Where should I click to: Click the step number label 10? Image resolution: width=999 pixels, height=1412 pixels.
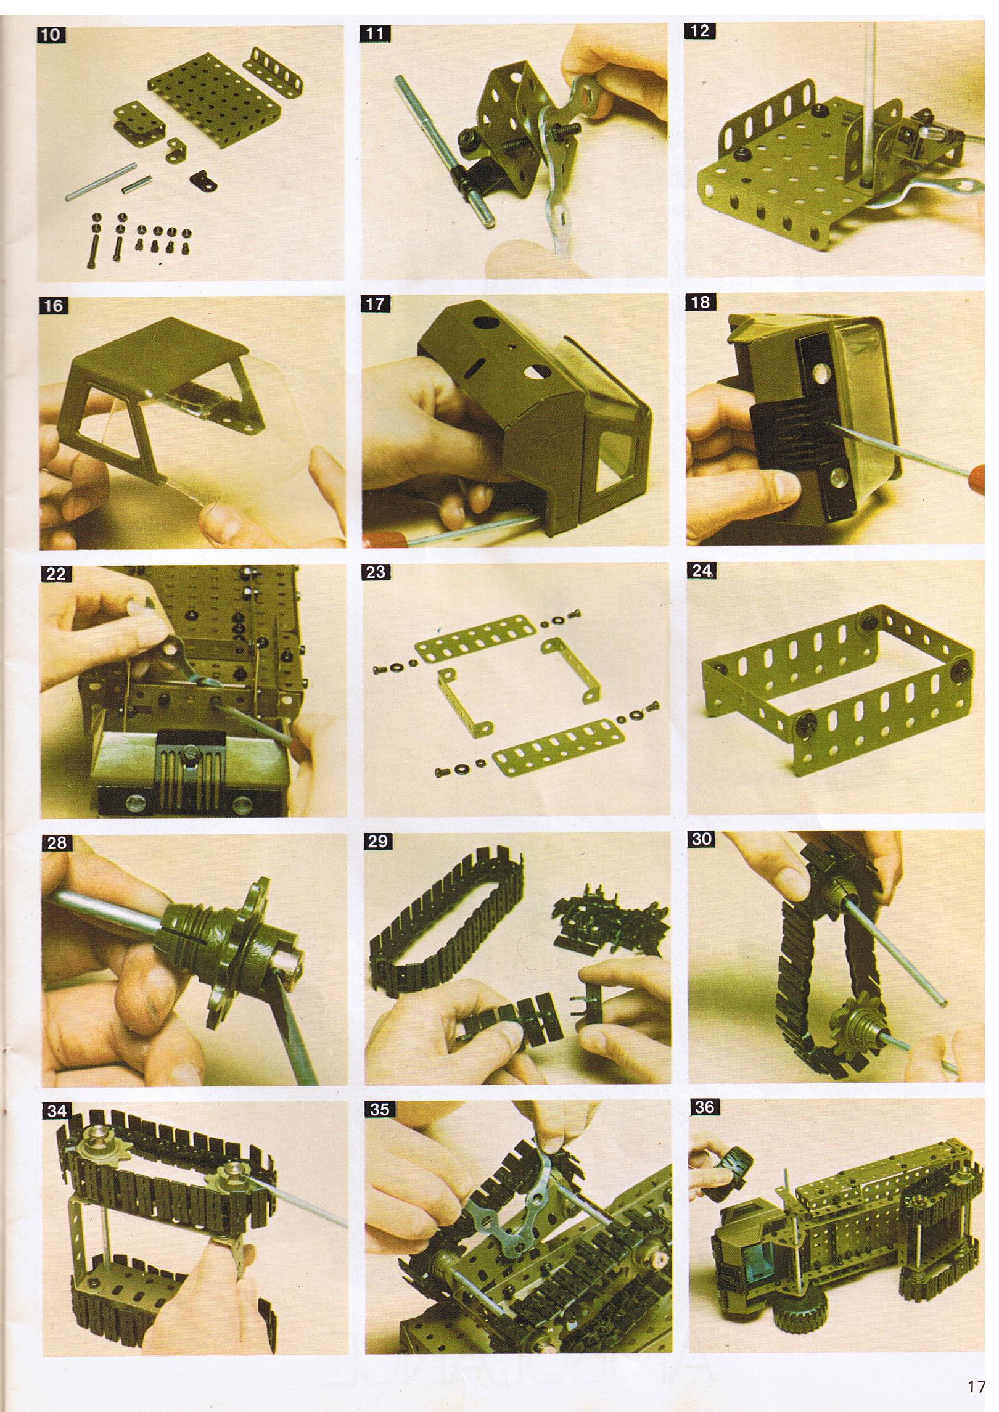point(51,35)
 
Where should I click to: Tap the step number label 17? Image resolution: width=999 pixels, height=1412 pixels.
point(375,304)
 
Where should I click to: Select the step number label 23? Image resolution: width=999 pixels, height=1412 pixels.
point(376,572)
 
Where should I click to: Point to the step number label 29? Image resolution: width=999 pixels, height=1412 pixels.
point(377,842)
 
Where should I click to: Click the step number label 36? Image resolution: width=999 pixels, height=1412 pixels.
point(704,1107)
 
